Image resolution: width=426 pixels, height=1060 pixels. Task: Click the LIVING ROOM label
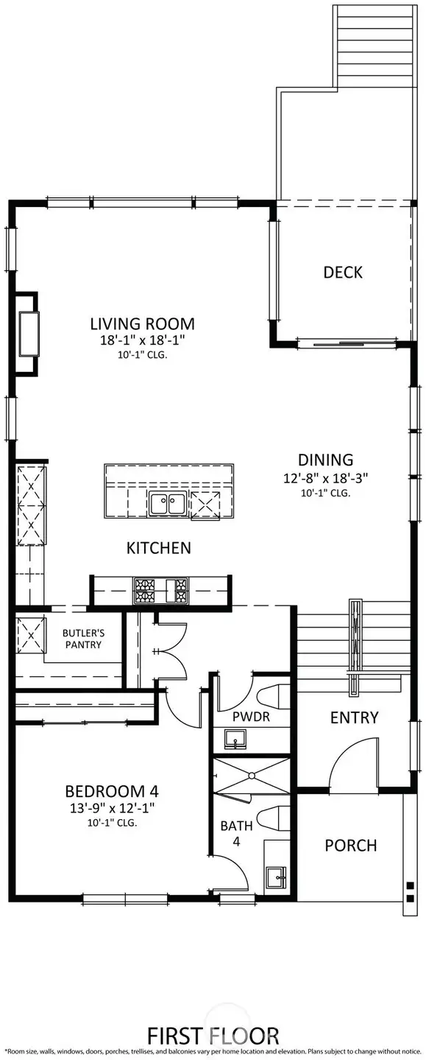pos(142,323)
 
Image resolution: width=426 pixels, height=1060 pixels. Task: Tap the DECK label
pos(343,272)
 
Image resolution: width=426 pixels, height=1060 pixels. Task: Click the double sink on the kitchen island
pos(167,504)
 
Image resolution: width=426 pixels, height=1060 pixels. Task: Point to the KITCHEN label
pos(159,547)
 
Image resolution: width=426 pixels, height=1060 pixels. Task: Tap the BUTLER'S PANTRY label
pos(82,638)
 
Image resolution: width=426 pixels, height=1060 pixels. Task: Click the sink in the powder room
pos(235,740)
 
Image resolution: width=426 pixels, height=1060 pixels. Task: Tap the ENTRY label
pos(354,717)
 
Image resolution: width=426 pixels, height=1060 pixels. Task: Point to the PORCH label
pos(350,845)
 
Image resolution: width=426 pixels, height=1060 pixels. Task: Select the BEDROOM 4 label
pos(112,792)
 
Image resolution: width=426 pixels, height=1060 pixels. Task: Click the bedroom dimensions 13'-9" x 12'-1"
pos(112,809)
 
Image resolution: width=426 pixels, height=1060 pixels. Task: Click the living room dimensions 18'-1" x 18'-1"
pos(142,340)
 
